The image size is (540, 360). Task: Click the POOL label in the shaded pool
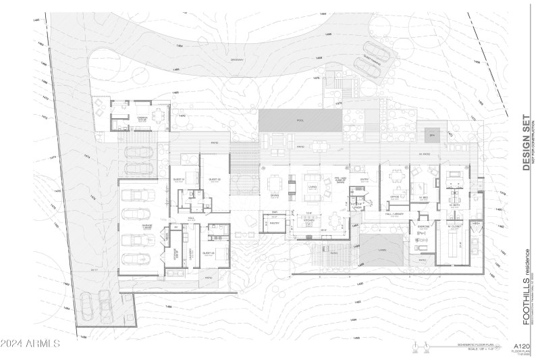click(x=300, y=120)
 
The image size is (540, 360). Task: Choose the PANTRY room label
click(x=275, y=222)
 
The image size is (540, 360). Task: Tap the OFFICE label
click(x=395, y=196)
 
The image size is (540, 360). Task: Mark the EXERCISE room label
click(x=423, y=226)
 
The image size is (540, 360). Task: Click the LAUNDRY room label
click(x=189, y=251)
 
